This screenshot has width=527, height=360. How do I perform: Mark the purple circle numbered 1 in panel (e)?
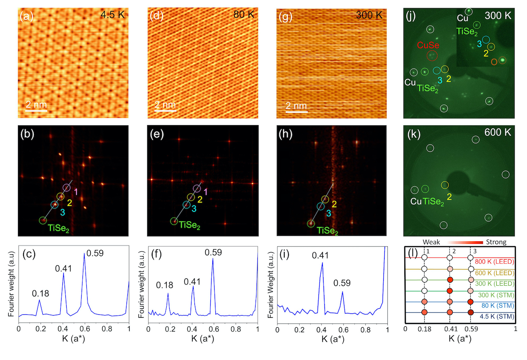pos(197,188)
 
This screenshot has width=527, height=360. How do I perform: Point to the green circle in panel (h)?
pos(311,223)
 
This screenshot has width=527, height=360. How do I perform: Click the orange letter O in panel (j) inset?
pos(494,62)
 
